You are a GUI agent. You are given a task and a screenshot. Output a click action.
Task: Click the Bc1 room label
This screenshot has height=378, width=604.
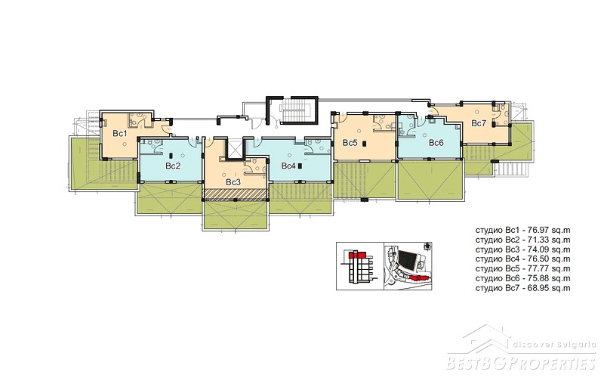pyautogui.click(x=120, y=134)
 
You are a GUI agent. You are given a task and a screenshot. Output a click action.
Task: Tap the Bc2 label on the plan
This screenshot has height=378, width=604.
pyautogui.click(x=173, y=166)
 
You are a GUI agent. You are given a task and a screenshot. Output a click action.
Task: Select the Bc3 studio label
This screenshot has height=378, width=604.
pyautogui.click(x=233, y=182)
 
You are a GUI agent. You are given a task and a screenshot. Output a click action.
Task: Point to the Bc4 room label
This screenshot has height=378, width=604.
pyautogui.click(x=288, y=166)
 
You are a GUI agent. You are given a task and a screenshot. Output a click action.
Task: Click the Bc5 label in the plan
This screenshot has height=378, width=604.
pyautogui.click(x=350, y=143)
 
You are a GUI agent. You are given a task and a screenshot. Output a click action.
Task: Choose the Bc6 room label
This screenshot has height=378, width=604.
pyautogui.click(x=436, y=143)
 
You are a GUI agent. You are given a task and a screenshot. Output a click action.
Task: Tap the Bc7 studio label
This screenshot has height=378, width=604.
pyautogui.click(x=479, y=123)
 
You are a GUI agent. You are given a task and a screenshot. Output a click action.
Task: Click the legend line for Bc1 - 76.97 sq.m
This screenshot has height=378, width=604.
pyautogui.click(x=522, y=231)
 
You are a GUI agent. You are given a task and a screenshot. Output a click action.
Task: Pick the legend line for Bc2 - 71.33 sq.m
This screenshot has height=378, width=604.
pyautogui.click(x=522, y=240)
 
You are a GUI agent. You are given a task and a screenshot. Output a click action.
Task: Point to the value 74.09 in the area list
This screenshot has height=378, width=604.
pyautogui.click(x=540, y=249)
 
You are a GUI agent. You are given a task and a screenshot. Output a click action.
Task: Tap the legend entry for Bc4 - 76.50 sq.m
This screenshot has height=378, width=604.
pyautogui.click(x=522, y=259)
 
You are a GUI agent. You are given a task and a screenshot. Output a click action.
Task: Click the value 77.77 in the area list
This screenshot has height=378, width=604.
pyautogui.click(x=540, y=268)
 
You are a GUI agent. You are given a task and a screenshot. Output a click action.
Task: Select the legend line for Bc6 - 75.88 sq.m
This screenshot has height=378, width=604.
pyautogui.click(x=522, y=278)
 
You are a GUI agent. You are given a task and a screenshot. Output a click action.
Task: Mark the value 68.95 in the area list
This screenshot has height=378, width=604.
pyautogui.click(x=540, y=288)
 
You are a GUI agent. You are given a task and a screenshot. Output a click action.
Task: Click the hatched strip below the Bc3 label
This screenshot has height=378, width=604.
pyautogui.click(x=235, y=194)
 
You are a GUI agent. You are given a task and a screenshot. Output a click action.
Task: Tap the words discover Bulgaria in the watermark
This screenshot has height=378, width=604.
pyautogui.click(x=554, y=345)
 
